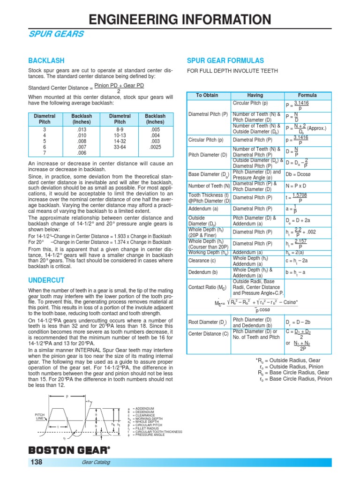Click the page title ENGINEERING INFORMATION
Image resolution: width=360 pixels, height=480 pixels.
(x=180, y=19)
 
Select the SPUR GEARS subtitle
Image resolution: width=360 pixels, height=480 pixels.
(x=57, y=34)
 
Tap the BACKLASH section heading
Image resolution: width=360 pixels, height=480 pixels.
(x=46, y=61)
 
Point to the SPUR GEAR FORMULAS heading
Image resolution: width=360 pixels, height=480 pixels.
(x=225, y=61)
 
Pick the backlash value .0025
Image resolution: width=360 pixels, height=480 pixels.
(x=155, y=147)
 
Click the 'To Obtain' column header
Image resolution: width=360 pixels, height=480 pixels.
(x=207, y=95)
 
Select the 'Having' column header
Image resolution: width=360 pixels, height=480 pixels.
(x=255, y=95)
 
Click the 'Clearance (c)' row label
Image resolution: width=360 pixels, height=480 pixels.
(x=202, y=260)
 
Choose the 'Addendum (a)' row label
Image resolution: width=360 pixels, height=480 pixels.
(x=203, y=209)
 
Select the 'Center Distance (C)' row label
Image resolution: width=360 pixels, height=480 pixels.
(x=209, y=334)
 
